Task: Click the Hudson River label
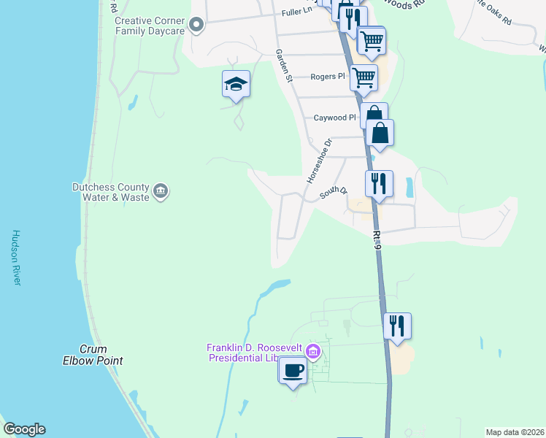point(16,258)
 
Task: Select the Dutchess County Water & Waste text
point(110,192)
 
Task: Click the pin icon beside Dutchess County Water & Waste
point(161,192)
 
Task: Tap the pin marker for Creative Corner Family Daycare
point(196,26)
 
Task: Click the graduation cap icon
point(237,85)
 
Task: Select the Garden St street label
point(283,66)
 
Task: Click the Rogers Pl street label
point(326,77)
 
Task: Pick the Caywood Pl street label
point(334,118)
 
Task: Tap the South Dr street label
point(331,193)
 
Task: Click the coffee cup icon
point(293,371)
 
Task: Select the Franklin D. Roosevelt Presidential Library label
point(255,353)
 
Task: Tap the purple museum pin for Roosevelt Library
point(313,352)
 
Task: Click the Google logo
point(24,429)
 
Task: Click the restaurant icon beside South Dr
point(379,183)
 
